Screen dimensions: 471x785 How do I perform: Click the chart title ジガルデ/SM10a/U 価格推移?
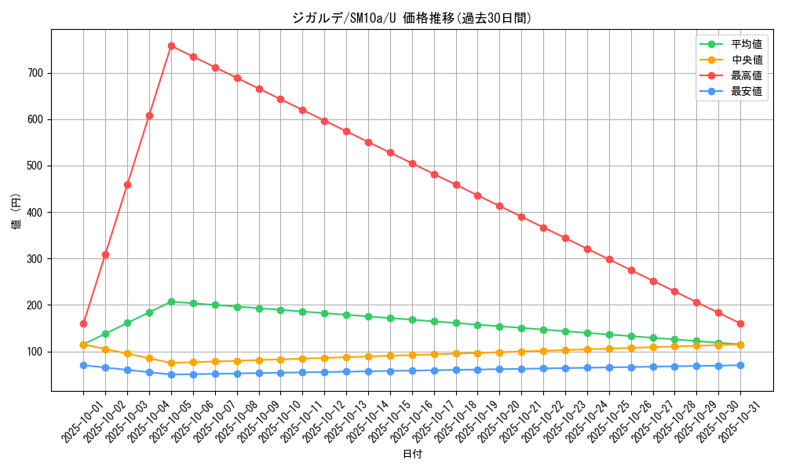(x=412, y=18)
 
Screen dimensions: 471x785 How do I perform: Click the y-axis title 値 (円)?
(x=16, y=210)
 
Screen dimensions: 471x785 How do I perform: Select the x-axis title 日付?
(x=412, y=454)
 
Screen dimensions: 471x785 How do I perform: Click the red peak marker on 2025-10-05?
(x=171, y=46)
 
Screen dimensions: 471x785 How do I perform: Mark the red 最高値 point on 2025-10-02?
(x=105, y=254)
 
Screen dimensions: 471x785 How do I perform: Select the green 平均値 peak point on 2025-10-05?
(x=171, y=301)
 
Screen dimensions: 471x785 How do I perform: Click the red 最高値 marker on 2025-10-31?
(x=740, y=323)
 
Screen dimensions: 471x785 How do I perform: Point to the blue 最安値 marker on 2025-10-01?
(x=83, y=365)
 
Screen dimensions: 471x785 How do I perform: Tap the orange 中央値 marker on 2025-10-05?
(x=171, y=363)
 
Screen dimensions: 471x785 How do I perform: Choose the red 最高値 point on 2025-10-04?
(x=149, y=115)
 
